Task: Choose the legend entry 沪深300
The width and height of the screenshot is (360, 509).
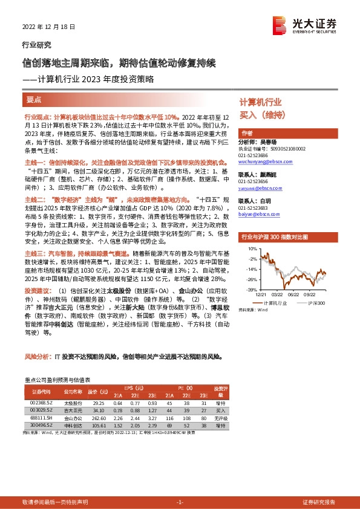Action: coord(316,302)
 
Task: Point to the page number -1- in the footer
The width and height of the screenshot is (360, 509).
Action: coord(179,502)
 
